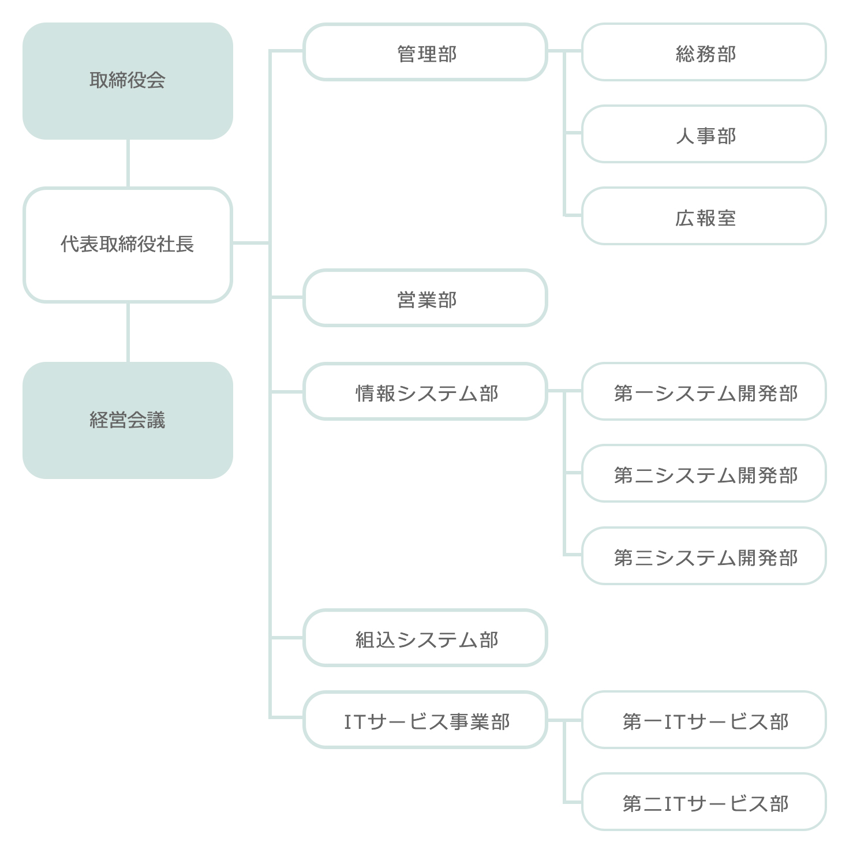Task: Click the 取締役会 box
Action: pyautogui.click(x=128, y=81)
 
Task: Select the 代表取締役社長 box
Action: pyautogui.click(x=128, y=245)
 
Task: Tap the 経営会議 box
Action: pyautogui.click(x=128, y=420)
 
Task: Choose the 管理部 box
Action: pyautogui.click(x=425, y=52)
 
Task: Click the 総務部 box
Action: pyautogui.click(x=704, y=52)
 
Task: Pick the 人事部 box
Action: pyautogui.click(x=704, y=134)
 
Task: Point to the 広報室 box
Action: pyautogui.click(x=704, y=216)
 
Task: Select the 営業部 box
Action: pyautogui.click(x=425, y=298)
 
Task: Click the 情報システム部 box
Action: pyautogui.click(x=425, y=391)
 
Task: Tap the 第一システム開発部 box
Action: pyautogui.click(x=704, y=391)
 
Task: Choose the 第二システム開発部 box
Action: pyautogui.click(x=704, y=473)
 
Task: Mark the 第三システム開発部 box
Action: pyautogui.click(x=704, y=556)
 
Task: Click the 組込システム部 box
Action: pyautogui.click(x=425, y=638)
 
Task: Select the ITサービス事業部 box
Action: pyautogui.click(x=425, y=720)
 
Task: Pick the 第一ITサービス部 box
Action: pyautogui.click(x=704, y=720)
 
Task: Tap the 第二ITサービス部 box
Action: pyautogui.click(x=704, y=802)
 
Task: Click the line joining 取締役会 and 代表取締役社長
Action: pyautogui.click(x=128, y=163)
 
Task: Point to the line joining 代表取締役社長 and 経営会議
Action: pyautogui.click(x=128, y=332)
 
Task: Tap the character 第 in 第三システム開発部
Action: pyautogui.click(x=623, y=558)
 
